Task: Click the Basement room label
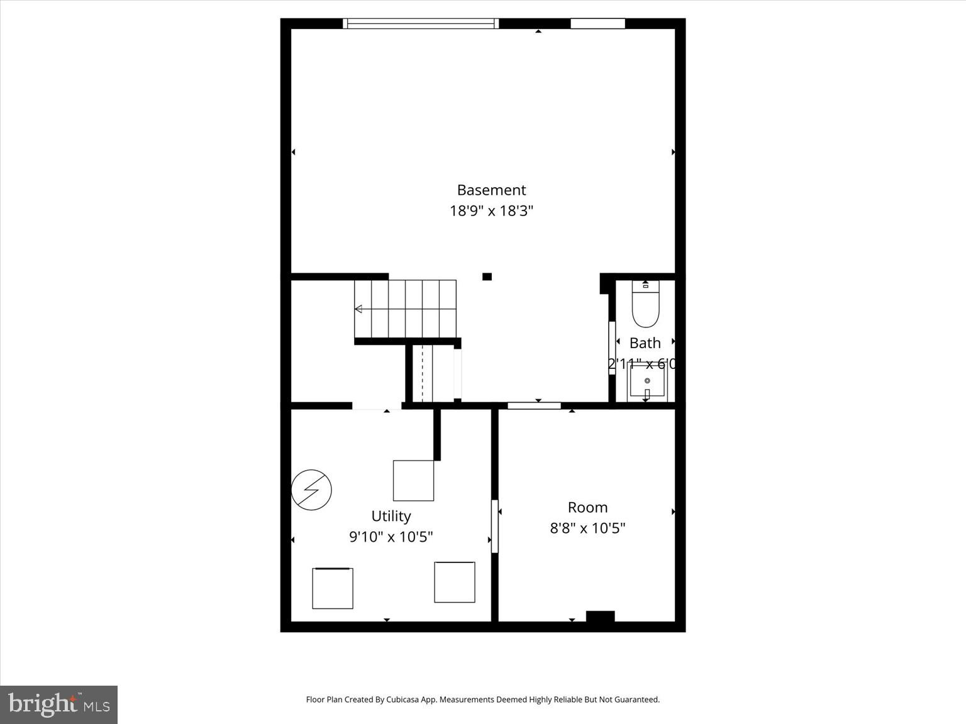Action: [x=491, y=190]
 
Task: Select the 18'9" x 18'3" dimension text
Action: [x=491, y=211]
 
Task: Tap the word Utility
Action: [x=391, y=516]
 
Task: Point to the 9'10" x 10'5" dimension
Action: [x=391, y=537]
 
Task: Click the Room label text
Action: [x=587, y=507]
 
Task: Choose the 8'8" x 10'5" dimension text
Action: [x=587, y=528]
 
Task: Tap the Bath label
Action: [x=645, y=343]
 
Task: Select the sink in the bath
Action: [x=647, y=381]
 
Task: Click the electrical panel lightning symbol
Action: [x=311, y=490]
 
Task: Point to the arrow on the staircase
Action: [x=358, y=309]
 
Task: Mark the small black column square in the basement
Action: [x=487, y=277]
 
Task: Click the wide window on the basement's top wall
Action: [x=421, y=24]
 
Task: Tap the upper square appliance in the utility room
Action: [x=413, y=481]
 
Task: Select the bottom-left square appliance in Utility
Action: [x=333, y=588]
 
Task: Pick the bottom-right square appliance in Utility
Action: [x=454, y=582]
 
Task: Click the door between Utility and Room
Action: [x=495, y=526]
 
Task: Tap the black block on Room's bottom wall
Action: [x=600, y=617]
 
